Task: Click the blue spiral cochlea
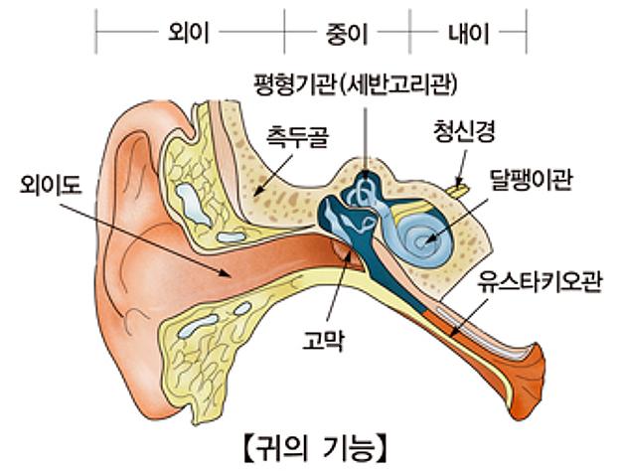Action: [x=423, y=235]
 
